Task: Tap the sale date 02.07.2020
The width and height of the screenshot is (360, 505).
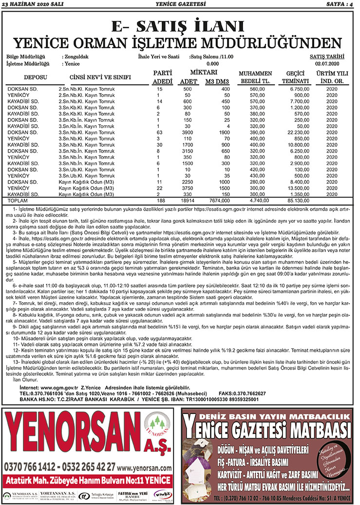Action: (x=330, y=63)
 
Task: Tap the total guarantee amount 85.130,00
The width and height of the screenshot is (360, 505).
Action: (x=296, y=201)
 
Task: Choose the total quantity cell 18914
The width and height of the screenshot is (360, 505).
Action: (x=187, y=201)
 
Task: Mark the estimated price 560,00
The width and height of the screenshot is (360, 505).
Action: (x=256, y=89)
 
